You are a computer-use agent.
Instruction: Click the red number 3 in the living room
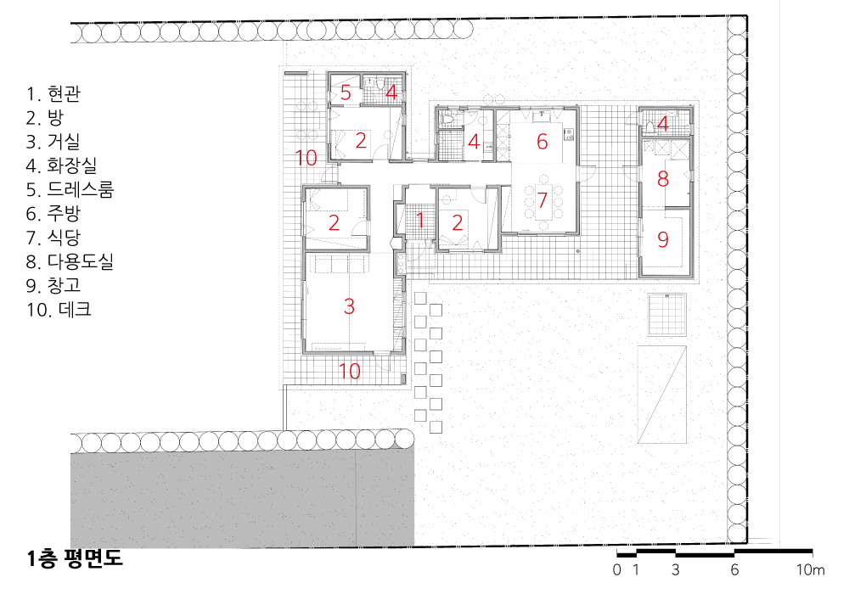coord(349,306)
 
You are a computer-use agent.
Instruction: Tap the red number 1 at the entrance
coord(420,220)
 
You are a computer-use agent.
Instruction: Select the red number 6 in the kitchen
coord(542,142)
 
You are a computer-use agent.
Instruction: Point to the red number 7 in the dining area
coord(542,200)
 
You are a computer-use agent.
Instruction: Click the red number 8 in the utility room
coord(663,179)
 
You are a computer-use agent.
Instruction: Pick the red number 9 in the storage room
coord(663,239)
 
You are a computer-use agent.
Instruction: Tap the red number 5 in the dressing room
coord(346,93)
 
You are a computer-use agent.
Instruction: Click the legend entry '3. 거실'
coord(53,142)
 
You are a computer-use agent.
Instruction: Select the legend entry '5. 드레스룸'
coord(70,189)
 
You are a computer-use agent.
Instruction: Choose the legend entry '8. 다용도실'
coord(70,262)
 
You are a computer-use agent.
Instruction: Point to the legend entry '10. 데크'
coord(59,310)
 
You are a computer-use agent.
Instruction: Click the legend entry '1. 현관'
coord(53,93)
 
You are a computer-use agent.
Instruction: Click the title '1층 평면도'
coord(75,558)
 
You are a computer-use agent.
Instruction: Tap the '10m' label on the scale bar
coord(810,569)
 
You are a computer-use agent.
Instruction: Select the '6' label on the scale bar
coord(734,569)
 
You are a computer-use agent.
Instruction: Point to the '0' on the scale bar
coord(616,569)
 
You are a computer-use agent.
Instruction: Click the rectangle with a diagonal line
coord(662,395)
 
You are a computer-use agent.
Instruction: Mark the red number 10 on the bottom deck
coord(349,371)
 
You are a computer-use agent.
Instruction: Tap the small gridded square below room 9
coord(667,315)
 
